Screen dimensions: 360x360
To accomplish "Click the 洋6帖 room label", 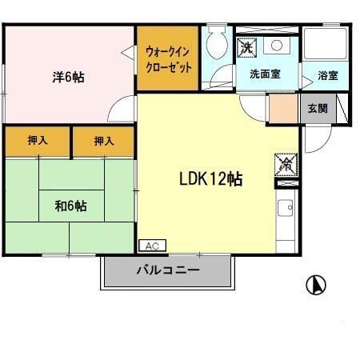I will [70, 77].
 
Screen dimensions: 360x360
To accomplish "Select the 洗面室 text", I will [265, 74].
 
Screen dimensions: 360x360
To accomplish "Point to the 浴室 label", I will [328, 75].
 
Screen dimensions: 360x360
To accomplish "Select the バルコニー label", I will [167, 270].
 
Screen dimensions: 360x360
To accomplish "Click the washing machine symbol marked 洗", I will [248, 47].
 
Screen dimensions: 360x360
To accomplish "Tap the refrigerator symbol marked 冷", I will [286, 164].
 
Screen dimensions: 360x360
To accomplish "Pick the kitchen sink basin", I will [286, 210].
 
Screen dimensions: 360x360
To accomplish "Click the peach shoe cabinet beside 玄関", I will [282, 108].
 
